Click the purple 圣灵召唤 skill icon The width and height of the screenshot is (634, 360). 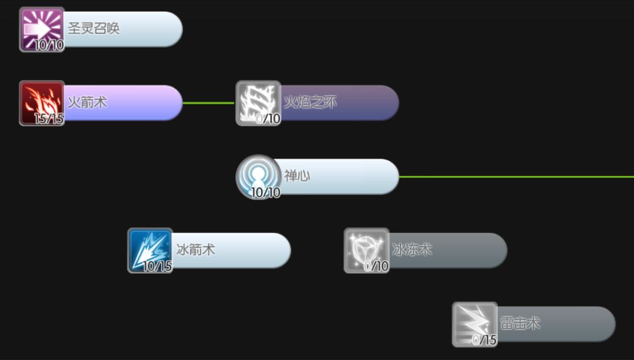41,28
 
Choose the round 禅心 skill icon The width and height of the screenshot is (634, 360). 258,176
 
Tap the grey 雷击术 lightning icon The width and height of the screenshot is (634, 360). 474,323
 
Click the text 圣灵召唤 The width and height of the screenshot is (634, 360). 94,29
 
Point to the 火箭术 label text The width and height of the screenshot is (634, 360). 87,102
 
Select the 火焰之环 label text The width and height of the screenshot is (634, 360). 310,103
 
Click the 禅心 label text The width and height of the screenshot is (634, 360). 297,176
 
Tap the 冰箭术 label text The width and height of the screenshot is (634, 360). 195,250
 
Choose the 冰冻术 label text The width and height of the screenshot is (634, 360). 412,250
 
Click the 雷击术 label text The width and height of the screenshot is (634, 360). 520,324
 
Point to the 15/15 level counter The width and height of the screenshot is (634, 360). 49,119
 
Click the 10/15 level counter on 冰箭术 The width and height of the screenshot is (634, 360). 157,267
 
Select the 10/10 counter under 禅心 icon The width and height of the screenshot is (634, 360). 265,193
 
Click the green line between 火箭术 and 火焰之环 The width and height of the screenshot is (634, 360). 208,103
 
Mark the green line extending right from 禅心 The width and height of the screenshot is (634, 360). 517,176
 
